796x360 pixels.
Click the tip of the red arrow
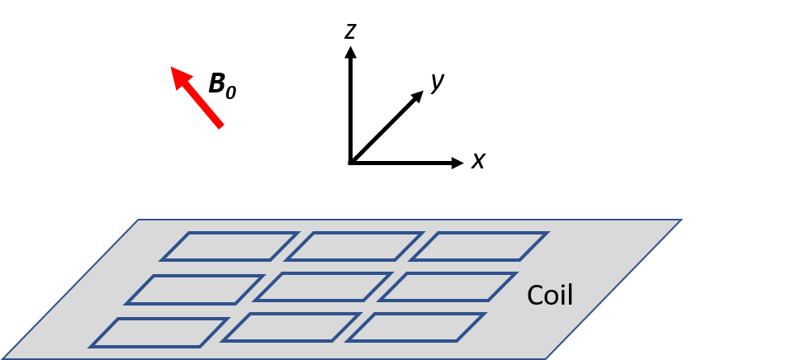171,68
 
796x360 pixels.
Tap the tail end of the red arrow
220,126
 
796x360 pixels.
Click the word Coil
550,296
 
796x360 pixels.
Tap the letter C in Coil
535,296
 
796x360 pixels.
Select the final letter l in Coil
570,295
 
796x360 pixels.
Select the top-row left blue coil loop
229,246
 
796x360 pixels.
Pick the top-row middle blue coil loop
354,246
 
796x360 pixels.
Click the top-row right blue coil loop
480,246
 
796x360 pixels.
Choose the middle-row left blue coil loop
195,290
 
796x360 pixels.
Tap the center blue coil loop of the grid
323,287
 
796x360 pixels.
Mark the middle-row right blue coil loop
448,287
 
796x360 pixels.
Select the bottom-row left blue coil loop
159,333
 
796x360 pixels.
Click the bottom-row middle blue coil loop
291,327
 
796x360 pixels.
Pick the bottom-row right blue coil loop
415,327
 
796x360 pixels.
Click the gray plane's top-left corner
139,220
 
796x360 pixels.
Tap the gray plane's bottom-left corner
3,358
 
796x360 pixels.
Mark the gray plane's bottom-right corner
545,358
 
